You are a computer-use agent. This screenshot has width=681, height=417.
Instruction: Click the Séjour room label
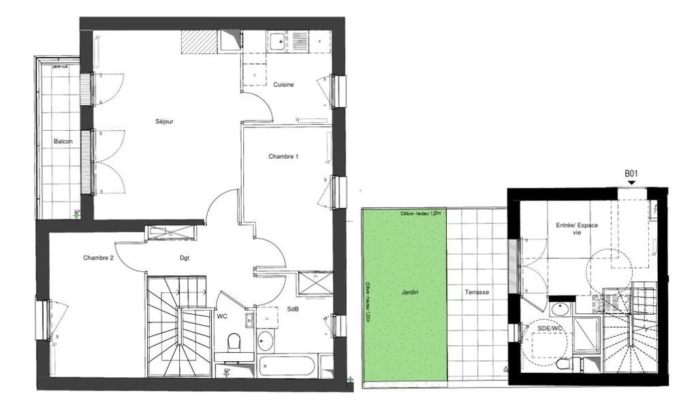point(164,121)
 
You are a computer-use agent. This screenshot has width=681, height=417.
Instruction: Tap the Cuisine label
point(283,84)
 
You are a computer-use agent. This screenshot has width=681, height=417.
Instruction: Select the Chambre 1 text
point(283,156)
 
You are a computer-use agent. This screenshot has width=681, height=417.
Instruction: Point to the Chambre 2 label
point(98,258)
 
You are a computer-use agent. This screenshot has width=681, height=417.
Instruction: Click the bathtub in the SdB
point(286,365)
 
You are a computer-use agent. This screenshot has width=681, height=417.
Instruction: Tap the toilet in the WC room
point(233,342)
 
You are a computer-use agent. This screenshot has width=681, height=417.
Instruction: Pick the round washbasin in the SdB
point(266,339)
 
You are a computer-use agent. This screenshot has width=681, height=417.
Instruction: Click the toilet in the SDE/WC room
point(563,364)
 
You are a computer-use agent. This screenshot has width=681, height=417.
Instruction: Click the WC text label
point(223,316)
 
